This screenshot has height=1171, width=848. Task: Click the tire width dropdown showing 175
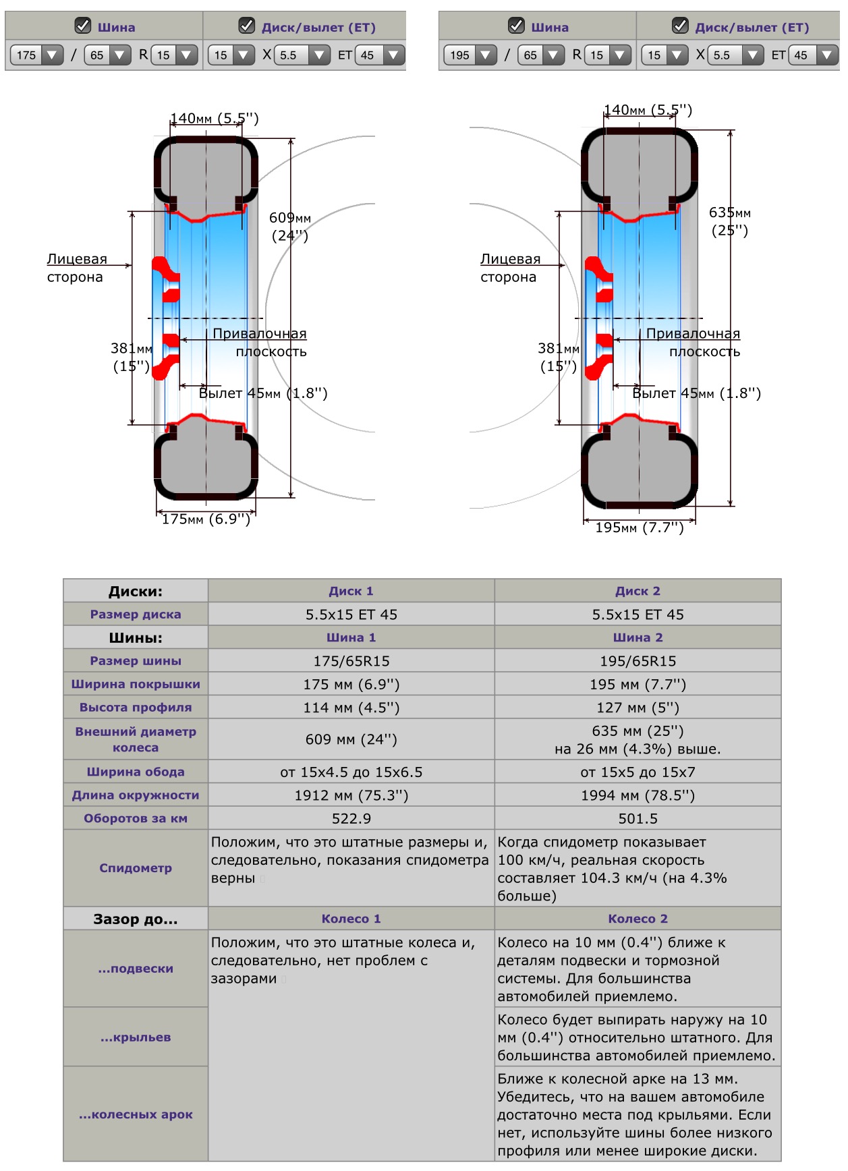36,55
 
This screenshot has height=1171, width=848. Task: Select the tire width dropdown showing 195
470,55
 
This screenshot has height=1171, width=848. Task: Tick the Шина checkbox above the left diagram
83,26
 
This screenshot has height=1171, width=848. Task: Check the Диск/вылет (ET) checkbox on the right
680,26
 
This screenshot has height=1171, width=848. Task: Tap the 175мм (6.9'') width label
206,519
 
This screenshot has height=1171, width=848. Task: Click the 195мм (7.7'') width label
639,527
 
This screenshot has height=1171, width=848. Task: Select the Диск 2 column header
638,591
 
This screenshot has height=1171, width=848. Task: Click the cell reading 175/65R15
351,661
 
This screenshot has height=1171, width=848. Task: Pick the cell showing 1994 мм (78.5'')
638,795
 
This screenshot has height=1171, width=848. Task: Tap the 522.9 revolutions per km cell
351,818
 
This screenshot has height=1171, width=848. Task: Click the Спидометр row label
136,868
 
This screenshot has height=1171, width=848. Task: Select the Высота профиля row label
136,708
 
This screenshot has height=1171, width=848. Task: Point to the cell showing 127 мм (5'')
638,708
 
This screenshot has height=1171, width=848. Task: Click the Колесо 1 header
351,919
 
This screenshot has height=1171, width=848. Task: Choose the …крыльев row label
136,1037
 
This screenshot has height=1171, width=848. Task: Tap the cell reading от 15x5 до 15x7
638,772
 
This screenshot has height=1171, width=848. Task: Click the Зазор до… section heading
136,919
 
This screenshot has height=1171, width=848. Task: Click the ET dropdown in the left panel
380,55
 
